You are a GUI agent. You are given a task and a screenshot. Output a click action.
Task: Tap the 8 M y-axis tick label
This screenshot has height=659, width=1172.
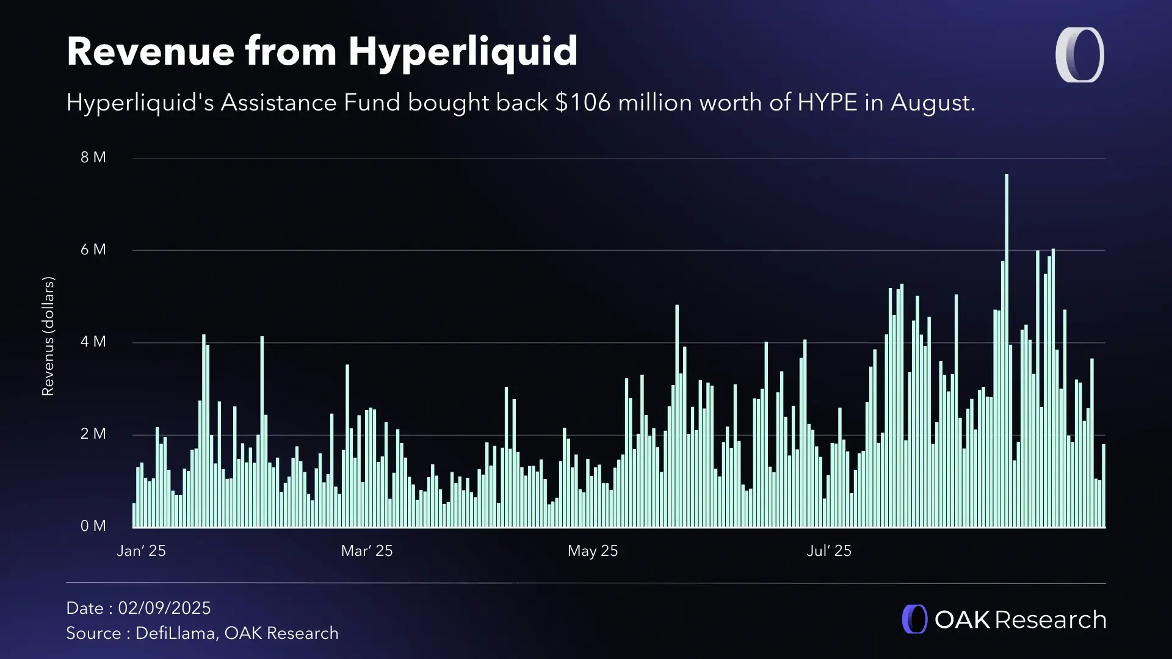93,157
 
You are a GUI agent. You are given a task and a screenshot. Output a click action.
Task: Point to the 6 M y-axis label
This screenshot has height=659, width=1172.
93,250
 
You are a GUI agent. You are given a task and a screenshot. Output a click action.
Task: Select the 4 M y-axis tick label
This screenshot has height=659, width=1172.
93,342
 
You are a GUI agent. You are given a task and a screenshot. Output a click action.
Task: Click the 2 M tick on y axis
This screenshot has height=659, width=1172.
93,434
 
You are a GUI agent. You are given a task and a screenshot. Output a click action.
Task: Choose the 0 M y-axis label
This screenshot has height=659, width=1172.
93,526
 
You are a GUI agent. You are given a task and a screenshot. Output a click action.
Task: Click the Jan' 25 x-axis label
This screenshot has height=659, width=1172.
141,551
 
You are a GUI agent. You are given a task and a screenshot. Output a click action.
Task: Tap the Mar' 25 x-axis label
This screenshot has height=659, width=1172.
366,551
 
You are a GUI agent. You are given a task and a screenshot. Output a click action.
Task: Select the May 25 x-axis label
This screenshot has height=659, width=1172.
592,551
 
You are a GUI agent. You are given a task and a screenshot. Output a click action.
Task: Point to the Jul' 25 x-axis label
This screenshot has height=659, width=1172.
828,551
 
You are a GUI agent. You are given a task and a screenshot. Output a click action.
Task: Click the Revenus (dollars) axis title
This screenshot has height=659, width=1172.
48,336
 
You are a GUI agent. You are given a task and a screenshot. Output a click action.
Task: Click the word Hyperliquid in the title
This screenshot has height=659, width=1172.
463,52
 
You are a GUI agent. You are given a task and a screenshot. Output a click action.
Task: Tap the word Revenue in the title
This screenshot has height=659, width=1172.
150,52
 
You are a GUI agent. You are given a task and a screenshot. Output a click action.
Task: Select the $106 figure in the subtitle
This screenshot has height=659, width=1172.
582,103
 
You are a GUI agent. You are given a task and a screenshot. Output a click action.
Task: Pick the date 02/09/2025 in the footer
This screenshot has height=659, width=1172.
164,608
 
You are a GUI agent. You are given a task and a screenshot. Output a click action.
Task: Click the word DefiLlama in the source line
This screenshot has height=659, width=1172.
175,633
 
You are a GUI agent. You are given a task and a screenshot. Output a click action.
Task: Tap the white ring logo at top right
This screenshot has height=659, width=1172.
1079,55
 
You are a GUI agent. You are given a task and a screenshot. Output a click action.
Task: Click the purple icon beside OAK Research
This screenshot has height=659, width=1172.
914,619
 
